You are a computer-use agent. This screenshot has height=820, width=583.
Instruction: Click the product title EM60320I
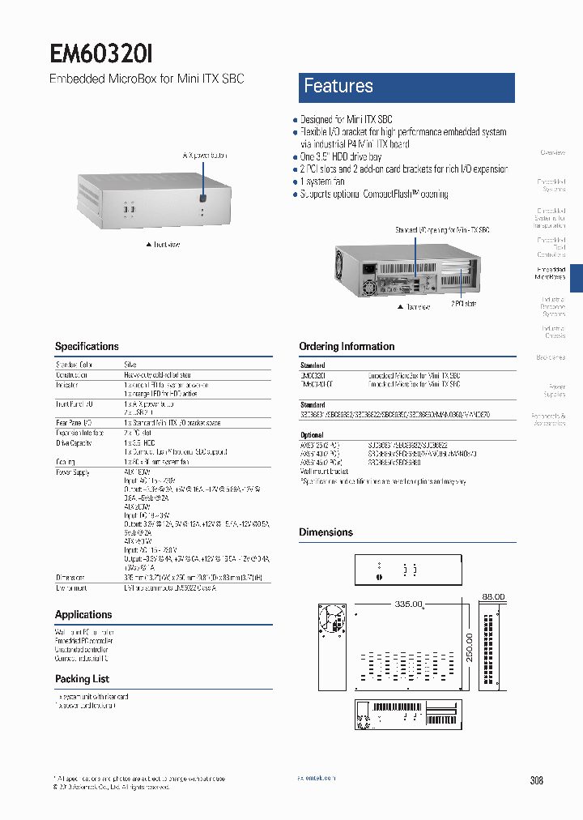(101, 53)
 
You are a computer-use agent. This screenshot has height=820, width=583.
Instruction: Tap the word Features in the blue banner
(338, 86)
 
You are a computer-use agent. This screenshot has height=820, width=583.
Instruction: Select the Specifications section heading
(87, 346)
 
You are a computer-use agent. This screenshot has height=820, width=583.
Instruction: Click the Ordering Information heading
(347, 346)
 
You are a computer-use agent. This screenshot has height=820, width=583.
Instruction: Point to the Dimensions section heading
(326, 532)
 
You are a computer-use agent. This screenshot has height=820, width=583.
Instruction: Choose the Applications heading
(83, 614)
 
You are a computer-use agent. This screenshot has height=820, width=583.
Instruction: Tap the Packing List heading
(82, 679)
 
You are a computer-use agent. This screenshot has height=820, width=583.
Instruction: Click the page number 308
(536, 780)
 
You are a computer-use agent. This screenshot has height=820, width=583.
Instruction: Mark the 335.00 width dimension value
(410, 604)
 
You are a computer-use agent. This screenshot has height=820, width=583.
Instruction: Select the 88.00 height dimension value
(493, 596)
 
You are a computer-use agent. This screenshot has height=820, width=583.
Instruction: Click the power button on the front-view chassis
(202, 198)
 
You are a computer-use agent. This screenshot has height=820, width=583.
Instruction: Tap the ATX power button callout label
(204, 155)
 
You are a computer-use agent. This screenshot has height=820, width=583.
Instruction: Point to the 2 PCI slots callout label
(464, 303)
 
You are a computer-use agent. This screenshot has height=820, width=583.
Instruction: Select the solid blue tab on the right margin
(576, 277)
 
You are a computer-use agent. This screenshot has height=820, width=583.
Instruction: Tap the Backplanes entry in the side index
(551, 357)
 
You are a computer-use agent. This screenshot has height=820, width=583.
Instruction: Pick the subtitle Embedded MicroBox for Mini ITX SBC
(146, 79)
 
